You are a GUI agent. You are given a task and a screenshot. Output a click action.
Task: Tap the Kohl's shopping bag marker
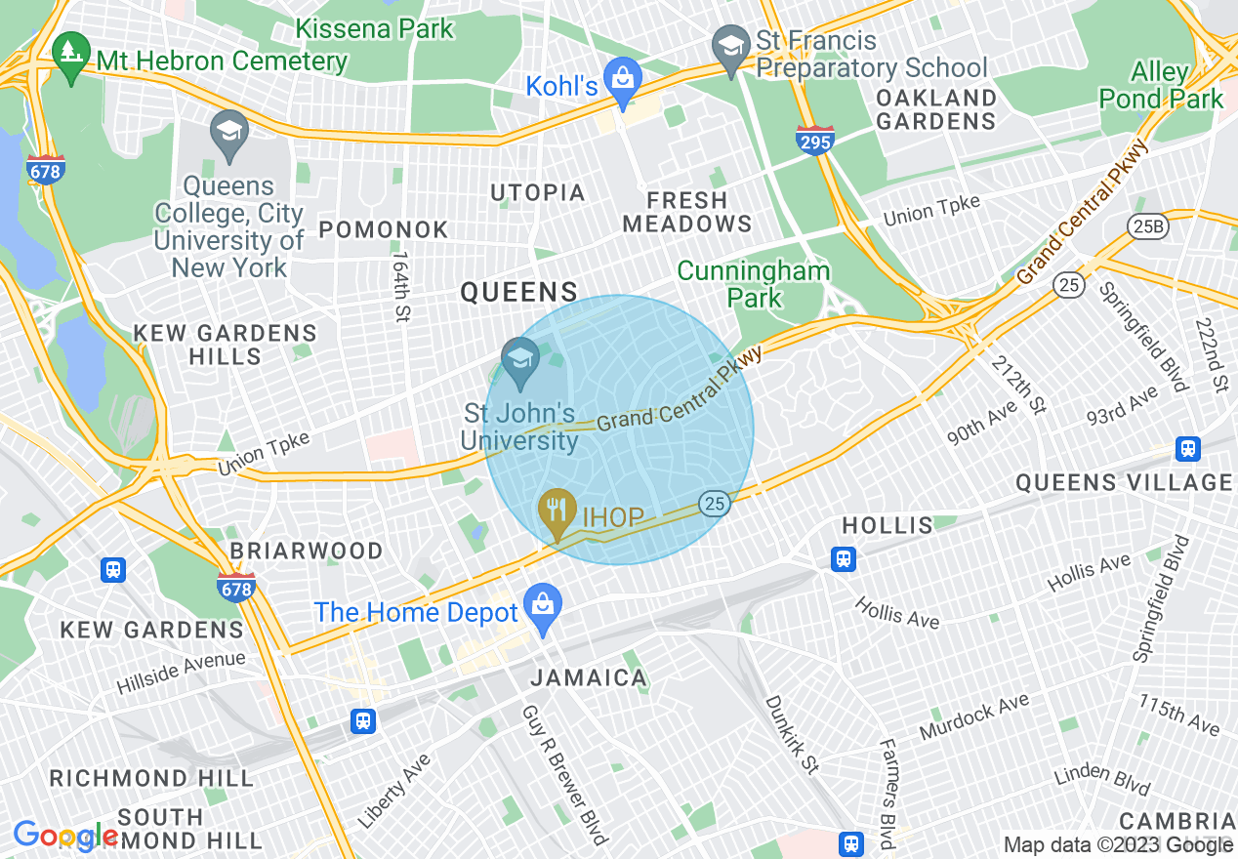click(x=622, y=75)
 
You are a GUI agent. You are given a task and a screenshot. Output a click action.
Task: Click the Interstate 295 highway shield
click(x=814, y=141)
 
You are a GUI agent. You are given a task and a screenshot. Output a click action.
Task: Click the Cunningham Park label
click(x=754, y=284)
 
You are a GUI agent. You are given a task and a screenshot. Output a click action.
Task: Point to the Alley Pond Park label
click(x=1161, y=86)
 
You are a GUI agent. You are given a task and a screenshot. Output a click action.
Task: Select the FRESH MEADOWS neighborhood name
click(x=687, y=212)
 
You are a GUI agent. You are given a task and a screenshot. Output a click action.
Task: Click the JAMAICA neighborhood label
click(x=589, y=677)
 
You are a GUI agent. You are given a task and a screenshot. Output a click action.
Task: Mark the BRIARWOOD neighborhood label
click(x=307, y=551)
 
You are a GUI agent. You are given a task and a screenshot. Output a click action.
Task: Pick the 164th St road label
click(x=400, y=287)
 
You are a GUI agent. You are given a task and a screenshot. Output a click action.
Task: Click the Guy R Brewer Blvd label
click(x=564, y=774)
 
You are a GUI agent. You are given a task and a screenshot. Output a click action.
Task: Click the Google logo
click(x=64, y=837)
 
